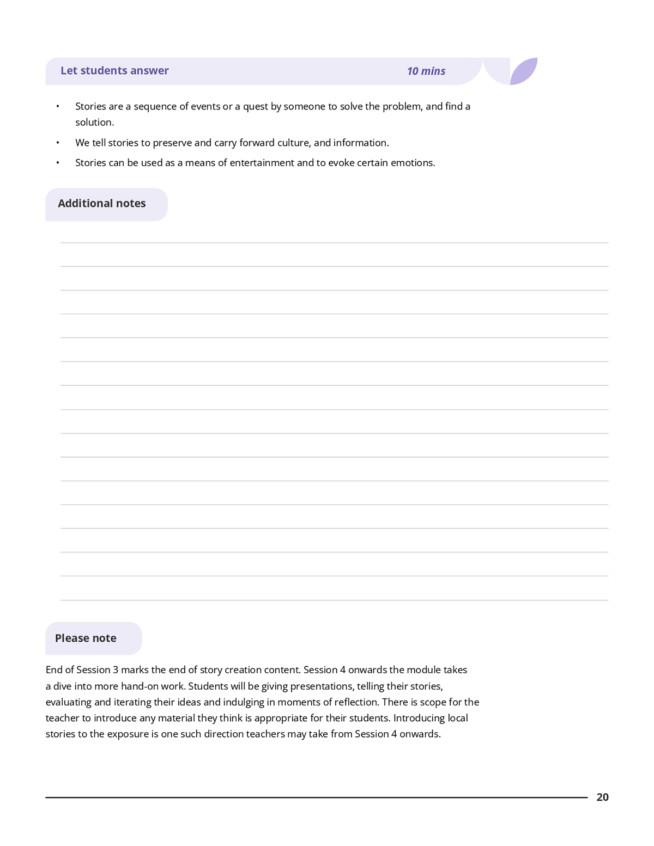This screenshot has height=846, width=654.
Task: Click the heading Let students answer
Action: point(114,71)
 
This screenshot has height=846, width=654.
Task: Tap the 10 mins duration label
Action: point(426,71)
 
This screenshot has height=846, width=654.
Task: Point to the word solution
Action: point(94,123)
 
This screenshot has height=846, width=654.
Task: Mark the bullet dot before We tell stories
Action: point(57,143)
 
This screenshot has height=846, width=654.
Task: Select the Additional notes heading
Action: point(102,204)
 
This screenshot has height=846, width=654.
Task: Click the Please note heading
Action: point(86,638)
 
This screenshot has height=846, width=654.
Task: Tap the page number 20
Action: point(602,798)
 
